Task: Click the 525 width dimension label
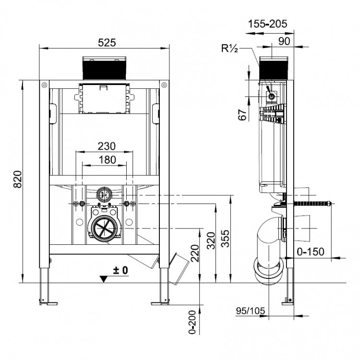click(107, 42)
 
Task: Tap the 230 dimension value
click(106, 146)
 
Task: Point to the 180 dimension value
click(106, 159)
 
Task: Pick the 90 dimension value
click(284, 41)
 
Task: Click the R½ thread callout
click(231, 48)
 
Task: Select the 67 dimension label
click(242, 114)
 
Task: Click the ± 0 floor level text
click(121, 271)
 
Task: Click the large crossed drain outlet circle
click(103, 226)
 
